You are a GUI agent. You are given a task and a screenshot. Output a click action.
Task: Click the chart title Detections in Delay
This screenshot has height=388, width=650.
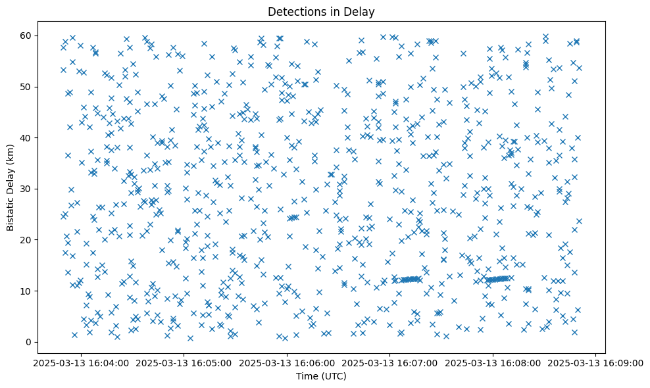[x=321, y=11]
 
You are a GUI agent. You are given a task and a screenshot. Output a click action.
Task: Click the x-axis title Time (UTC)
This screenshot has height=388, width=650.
[x=321, y=377]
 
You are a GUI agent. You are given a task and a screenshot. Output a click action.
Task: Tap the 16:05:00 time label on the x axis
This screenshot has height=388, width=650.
[x=184, y=362]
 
